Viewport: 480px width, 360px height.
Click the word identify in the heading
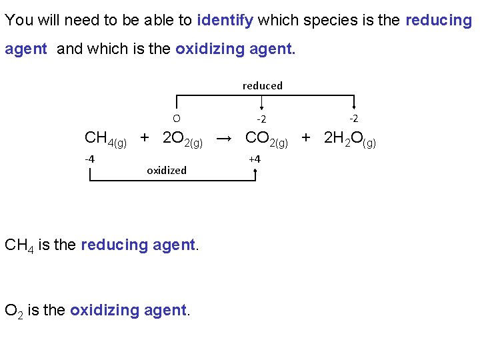[225, 20]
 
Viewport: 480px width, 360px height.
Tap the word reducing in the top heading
[438, 20]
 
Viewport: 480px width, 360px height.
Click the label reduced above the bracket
[262, 85]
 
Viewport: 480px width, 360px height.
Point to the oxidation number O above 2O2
[176, 119]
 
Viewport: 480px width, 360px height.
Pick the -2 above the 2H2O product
[353, 119]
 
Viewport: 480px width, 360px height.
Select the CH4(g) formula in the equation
[105, 139]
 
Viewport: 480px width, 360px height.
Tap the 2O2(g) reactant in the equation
[183, 139]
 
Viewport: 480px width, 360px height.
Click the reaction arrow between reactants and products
[225, 139]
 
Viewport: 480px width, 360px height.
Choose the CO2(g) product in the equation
[266, 139]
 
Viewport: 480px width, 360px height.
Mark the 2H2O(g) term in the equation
[349, 139]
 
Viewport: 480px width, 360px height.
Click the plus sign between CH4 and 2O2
[144, 138]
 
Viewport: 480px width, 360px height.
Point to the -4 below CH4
[89, 159]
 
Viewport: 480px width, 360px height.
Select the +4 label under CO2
[254, 159]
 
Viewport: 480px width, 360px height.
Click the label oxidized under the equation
[167, 170]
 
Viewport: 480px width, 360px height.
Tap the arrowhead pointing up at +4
[255, 171]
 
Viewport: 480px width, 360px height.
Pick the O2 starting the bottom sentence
[14, 311]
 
